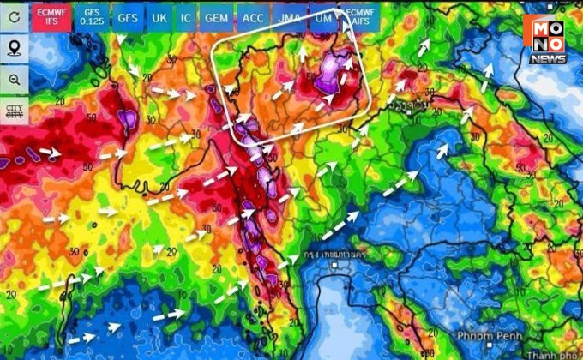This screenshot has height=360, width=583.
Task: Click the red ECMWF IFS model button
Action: [51, 16]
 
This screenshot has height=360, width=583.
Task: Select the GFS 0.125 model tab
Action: [91, 16]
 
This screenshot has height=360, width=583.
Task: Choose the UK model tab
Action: [159, 17]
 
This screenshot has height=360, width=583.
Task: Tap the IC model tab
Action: [186, 17]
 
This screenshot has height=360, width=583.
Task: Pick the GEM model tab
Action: [218, 17]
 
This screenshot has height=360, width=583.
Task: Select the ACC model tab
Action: [253, 17]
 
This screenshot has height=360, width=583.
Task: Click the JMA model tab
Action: [288, 17]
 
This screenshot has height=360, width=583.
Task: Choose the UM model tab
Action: [322, 17]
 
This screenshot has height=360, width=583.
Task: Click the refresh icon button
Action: [14, 16]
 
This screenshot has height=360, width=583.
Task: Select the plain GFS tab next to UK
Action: [127, 17]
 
